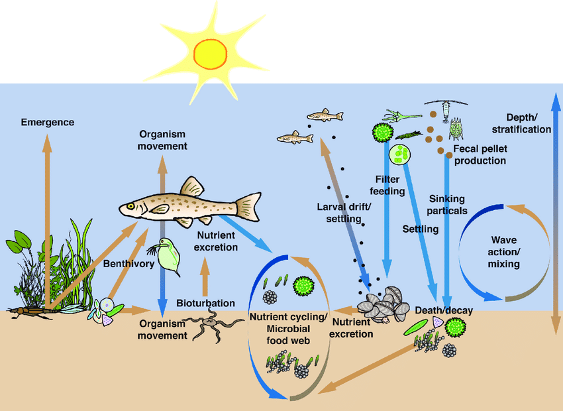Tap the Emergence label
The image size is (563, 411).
coord(47,122)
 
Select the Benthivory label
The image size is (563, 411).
coord(128,263)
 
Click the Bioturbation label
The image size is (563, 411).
coord(205,303)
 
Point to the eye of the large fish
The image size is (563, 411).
coord(131,206)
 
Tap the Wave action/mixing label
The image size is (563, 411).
coord(505,252)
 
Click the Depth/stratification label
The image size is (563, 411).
coord(528,123)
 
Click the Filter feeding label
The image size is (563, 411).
coord(389,185)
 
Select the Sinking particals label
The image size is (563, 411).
coord(447,205)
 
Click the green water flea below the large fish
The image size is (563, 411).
coord(166,256)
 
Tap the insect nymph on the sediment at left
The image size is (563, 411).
coord(30,310)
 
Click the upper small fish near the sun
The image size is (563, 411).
coord(325,116)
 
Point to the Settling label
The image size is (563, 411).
coord(421,229)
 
